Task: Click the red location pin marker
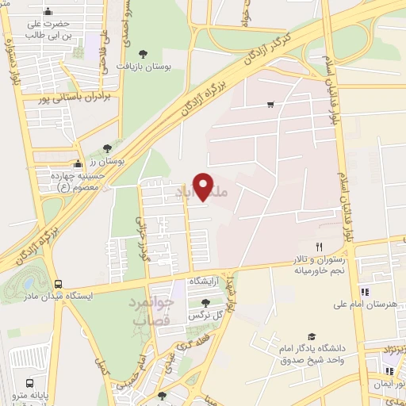tap(204, 186)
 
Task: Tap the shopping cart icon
tap(270, 103)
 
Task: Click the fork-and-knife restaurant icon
tap(318, 246)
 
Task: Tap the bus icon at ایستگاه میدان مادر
tap(59, 283)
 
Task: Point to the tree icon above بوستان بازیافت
tap(144, 53)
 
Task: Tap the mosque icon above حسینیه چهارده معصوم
tap(77, 163)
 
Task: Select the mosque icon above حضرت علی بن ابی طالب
tap(49, 11)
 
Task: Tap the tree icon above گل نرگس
tap(206, 303)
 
